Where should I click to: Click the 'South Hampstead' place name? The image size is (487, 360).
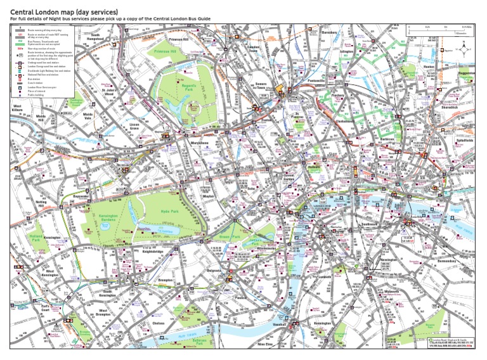tap(96, 37)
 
